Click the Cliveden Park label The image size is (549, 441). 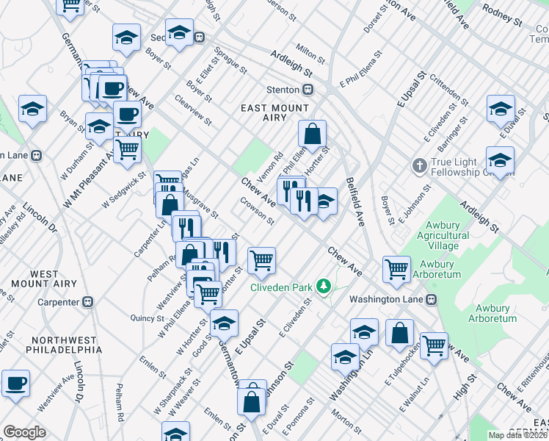(282, 287)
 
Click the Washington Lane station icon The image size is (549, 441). (432, 299)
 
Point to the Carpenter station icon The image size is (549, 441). (89, 301)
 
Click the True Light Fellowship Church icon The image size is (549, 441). (420, 164)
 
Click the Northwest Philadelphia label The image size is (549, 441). (64, 345)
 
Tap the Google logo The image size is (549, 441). (24, 432)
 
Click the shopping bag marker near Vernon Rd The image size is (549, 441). (313, 135)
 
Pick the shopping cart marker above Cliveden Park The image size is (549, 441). (261, 260)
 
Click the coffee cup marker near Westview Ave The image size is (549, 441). (15, 382)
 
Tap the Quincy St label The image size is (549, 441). (147, 318)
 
